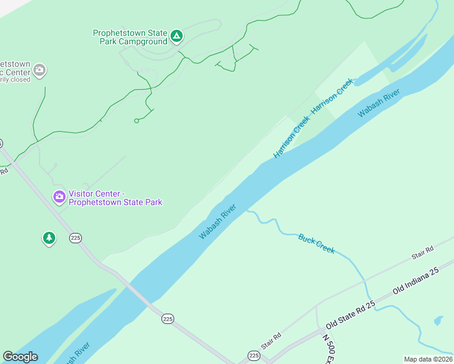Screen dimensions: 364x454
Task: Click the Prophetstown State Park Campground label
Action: coord(130,38)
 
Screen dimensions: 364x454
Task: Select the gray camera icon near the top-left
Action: coord(39,70)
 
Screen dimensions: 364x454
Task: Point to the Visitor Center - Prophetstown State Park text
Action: coord(115,198)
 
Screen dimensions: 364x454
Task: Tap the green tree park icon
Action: coord(49,238)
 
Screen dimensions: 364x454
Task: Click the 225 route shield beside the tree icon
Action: coord(75,237)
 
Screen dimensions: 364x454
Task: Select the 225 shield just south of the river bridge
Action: coord(168,318)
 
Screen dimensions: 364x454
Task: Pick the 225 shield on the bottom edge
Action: coord(254,356)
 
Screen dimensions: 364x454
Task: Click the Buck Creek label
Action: coord(316,244)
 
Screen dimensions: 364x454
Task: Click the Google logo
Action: coord(20,357)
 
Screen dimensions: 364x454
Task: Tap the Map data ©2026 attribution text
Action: coord(428,359)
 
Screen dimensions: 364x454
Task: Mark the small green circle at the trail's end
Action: coord(137,121)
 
